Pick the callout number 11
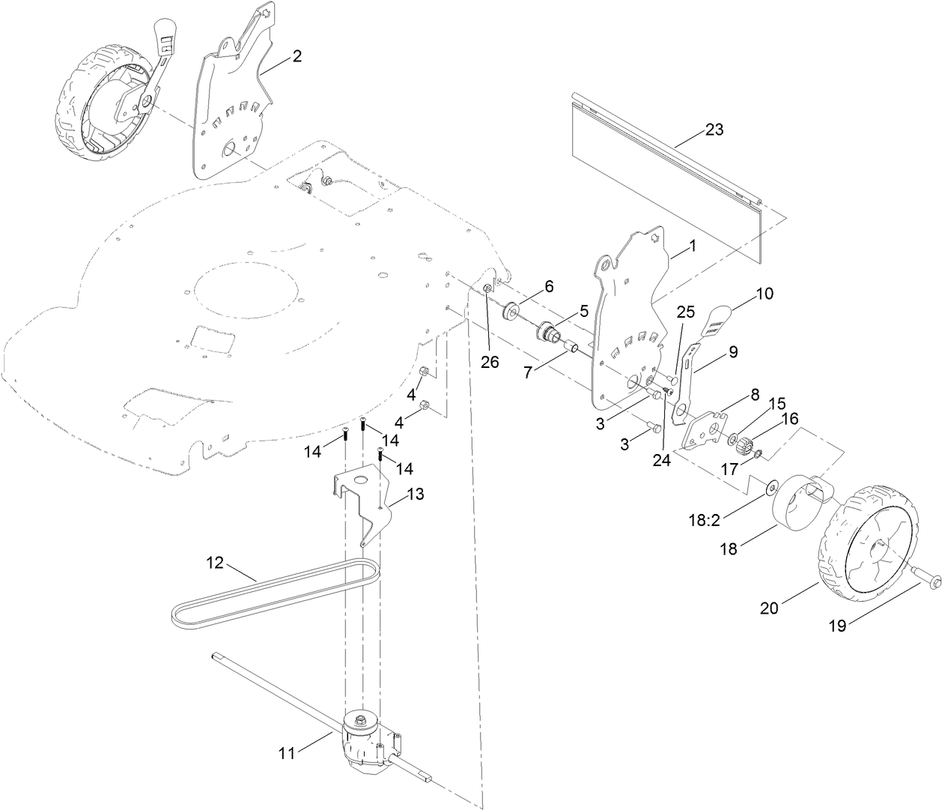point(288,754)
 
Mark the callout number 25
point(686,312)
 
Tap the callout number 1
point(692,246)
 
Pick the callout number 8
point(754,393)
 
